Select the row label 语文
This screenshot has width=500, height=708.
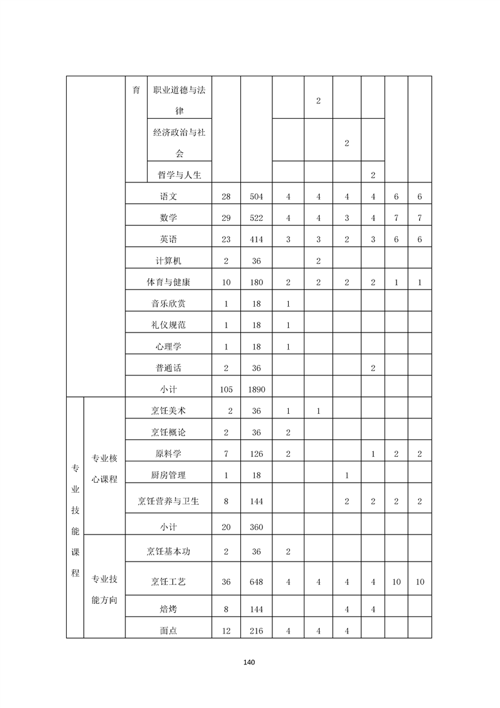pos(168,197)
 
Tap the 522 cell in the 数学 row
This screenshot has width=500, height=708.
pos(256,218)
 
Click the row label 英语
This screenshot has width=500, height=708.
pos(168,240)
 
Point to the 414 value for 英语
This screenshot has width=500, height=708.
pos(256,240)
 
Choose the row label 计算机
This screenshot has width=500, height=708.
pos(168,261)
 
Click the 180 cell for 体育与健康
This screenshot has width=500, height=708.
pos(256,283)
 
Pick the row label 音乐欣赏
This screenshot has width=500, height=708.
pos(168,304)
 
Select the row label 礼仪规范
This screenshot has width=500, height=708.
pos(168,325)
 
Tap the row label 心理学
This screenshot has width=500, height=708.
pos(168,346)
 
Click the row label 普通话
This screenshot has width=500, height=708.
pos(168,368)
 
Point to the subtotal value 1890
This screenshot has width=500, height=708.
pos(256,389)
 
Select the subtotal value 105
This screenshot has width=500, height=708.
pos(226,389)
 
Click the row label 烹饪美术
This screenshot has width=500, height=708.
pos(168,411)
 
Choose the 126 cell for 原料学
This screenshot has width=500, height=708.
pos(256,454)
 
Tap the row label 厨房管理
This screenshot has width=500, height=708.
pos(168,475)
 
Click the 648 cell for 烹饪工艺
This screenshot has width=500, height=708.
pos(256,582)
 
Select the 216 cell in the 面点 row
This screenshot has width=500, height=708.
pos(256,630)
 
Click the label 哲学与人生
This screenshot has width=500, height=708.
pos(179,174)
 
